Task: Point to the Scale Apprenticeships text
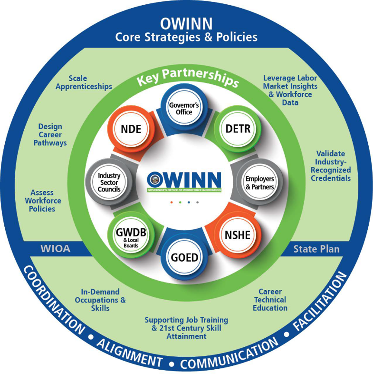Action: pos(90,82)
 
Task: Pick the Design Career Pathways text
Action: pos(50,134)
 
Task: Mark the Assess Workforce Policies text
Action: pos(42,201)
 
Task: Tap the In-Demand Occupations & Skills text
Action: pos(100,300)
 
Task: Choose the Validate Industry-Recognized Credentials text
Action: pos(331,166)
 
